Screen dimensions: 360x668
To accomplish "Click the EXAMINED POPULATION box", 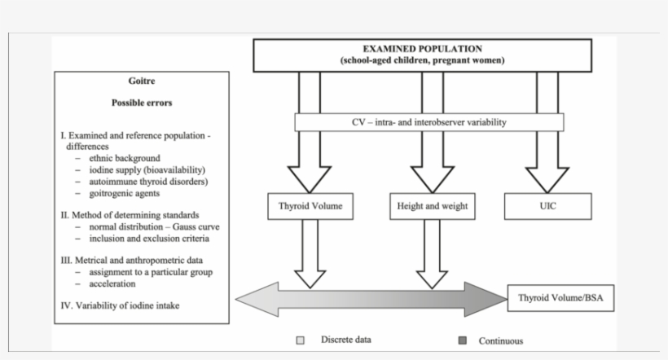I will pyautogui.click(x=423, y=55).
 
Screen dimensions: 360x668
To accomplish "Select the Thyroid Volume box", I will pyautogui.click(x=310, y=207).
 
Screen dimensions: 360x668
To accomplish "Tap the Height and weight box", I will pyautogui.click(x=433, y=207).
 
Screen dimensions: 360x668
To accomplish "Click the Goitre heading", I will pyautogui.click(x=142, y=81).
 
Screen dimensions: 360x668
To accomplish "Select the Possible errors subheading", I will pyautogui.click(x=142, y=103).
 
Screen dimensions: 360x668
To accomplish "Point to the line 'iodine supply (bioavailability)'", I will pyautogui.click(x=143, y=169).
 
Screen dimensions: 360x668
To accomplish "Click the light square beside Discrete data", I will pyautogui.click(x=300, y=340).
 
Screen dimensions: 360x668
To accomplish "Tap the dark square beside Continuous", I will pyautogui.click(x=463, y=340).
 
